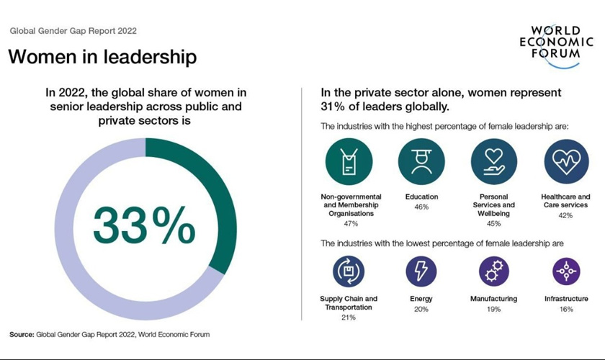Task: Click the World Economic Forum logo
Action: click(562, 45)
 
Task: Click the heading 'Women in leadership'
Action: click(102, 57)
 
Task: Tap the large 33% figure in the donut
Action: click(144, 226)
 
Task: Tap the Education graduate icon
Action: click(421, 162)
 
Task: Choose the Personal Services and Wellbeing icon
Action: click(493, 162)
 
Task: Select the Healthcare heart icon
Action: click(566, 162)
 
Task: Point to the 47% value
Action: click(351, 224)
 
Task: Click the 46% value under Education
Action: click(421, 207)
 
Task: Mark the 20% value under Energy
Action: click(421, 309)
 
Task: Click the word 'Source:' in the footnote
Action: click(22, 335)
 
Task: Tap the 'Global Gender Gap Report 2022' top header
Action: click(73, 31)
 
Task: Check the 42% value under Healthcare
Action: click(566, 215)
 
